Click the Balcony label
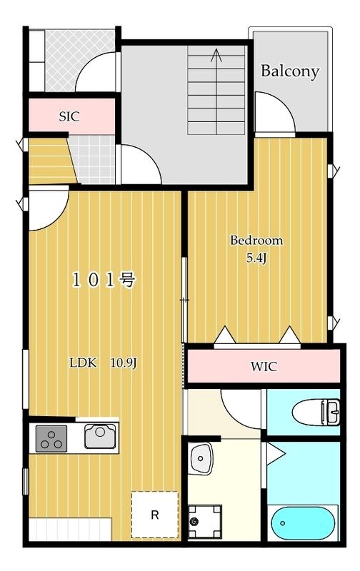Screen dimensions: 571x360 289,71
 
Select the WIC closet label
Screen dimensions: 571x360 263,368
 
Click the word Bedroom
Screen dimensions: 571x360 256,241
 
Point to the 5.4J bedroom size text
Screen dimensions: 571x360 256,258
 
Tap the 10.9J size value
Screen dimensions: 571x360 122,363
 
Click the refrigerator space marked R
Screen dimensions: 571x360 154,515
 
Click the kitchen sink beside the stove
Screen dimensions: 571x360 100,435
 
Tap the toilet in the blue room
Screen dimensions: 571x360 311,412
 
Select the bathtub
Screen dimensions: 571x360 304,525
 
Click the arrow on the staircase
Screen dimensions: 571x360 217,56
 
